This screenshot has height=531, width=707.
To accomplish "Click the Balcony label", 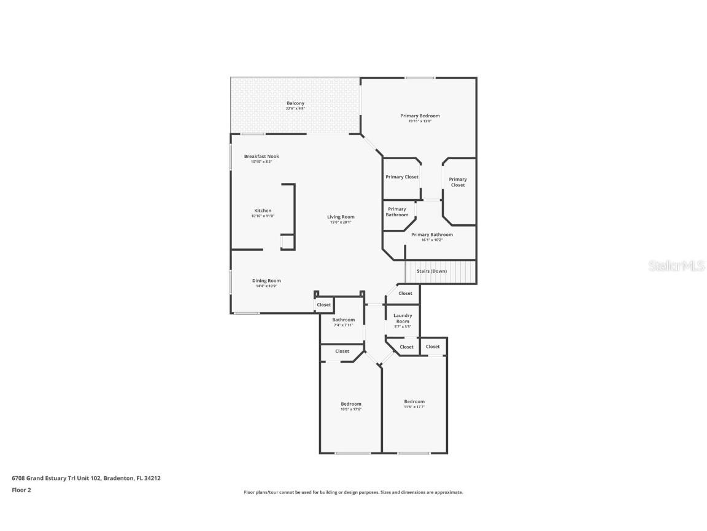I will (295, 103).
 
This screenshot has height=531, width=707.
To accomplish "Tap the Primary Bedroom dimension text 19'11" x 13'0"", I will (420, 121).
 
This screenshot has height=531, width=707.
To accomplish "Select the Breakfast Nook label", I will (261, 156).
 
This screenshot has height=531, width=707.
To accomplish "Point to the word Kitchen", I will (263, 210).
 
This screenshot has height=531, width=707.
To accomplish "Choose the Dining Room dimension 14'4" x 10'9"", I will (266, 286).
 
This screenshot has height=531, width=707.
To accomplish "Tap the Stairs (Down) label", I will (431, 271).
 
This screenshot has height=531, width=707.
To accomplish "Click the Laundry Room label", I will (403, 318).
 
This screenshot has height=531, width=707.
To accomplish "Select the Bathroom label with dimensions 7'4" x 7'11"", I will (344, 320).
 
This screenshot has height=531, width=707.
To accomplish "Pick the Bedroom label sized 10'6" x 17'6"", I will (351, 404).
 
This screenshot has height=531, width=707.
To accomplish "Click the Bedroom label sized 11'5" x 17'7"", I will (414, 401).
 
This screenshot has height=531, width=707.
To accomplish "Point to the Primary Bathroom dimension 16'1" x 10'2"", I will (432, 240).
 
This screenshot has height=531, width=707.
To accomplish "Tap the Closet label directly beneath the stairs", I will (405, 293).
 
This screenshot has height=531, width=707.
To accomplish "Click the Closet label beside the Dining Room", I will (323, 305).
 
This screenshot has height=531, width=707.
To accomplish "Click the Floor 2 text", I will (21, 490).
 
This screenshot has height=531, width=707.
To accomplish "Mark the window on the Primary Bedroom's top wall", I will (420, 77).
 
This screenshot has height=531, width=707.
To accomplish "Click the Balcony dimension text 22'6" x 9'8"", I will (295, 109).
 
